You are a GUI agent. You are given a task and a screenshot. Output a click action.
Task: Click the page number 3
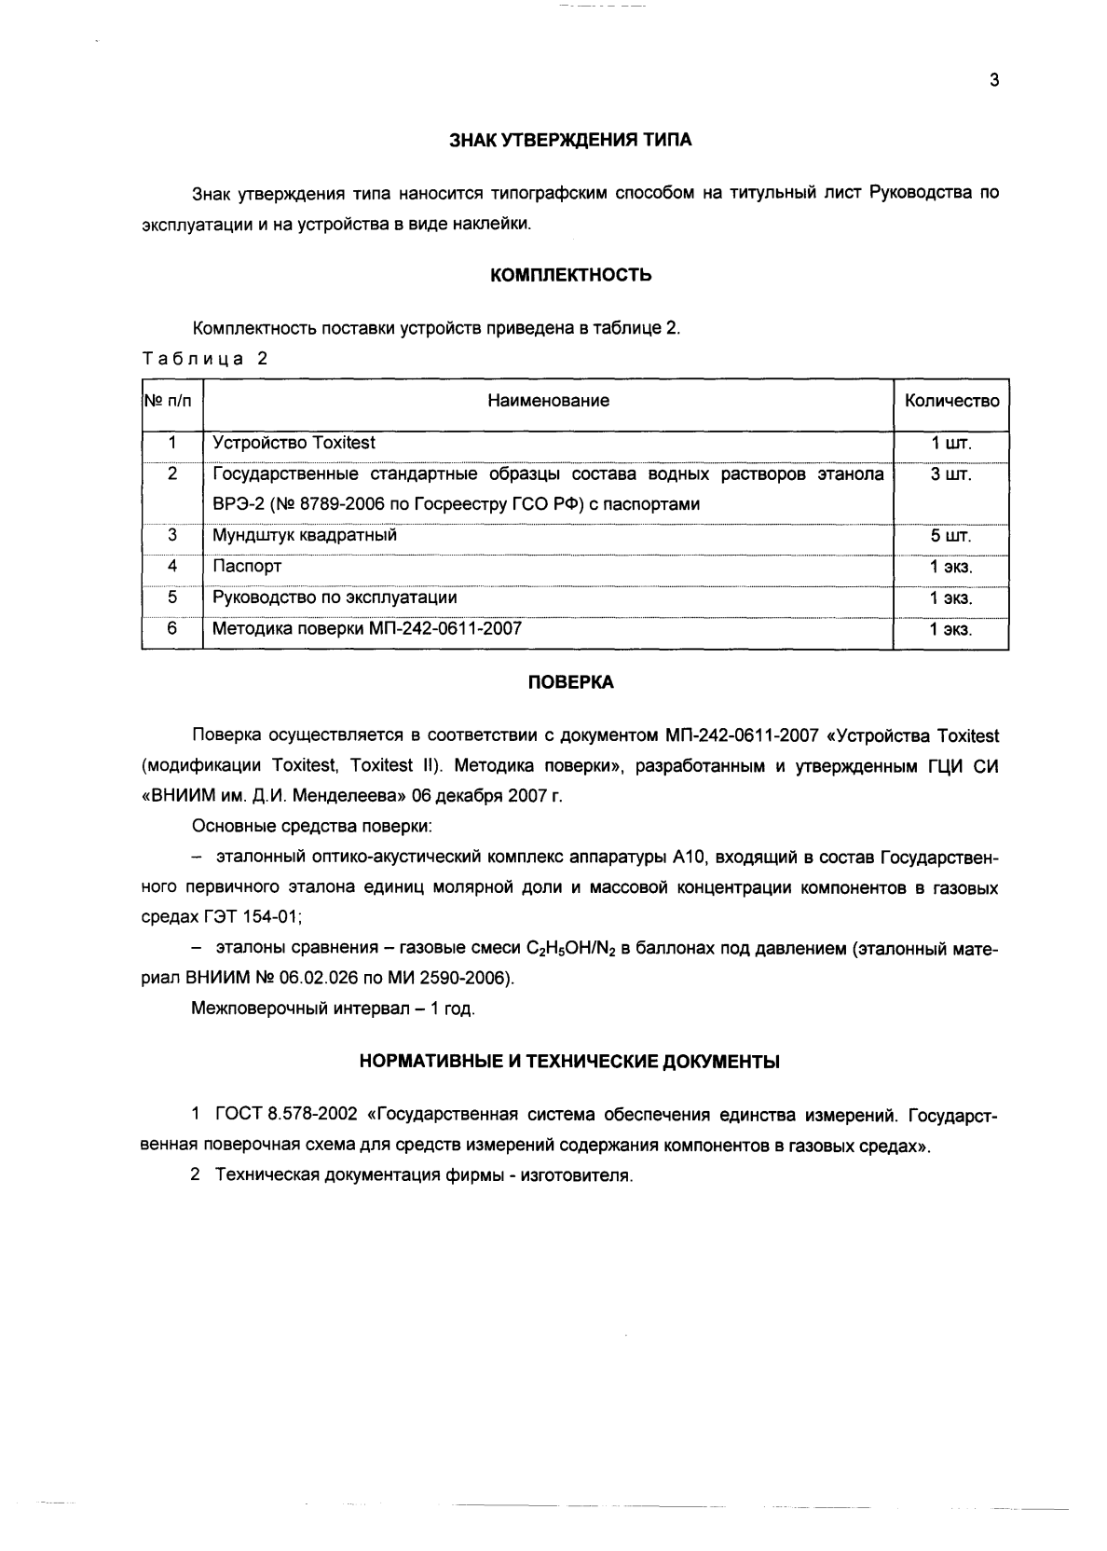click(993, 81)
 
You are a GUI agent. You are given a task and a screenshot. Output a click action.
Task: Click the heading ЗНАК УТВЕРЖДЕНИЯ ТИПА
click(570, 141)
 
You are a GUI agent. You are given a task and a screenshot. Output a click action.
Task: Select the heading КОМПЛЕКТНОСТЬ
click(570, 275)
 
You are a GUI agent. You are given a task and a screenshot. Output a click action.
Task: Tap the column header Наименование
click(548, 401)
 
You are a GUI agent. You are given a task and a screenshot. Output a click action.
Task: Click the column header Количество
click(951, 401)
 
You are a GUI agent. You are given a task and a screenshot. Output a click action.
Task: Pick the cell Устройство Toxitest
click(294, 443)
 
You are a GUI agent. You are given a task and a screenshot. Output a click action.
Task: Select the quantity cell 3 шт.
click(950, 474)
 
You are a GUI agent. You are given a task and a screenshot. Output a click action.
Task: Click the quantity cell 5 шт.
click(950, 537)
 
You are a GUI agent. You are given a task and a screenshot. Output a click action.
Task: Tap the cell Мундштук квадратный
click(305, 536)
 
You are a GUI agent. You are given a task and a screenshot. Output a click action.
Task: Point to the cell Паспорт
click(247, 567)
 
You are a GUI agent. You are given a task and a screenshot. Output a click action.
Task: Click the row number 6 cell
click(172, 628)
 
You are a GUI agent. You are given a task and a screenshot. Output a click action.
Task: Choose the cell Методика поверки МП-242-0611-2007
click(367, 629)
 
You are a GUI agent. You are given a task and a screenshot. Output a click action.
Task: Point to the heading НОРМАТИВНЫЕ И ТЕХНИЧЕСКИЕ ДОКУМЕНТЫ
click(569, 1061)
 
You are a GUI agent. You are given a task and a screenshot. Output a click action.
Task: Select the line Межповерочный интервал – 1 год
click(333, 1009)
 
